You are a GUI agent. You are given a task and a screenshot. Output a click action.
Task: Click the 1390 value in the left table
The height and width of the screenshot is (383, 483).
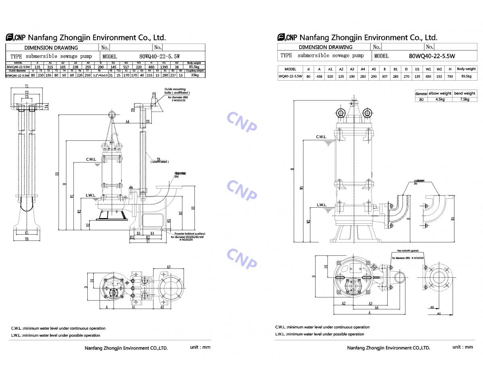(x=164, y=67)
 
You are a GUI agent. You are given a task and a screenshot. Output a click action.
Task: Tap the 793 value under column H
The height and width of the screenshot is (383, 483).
(x=450, y=76)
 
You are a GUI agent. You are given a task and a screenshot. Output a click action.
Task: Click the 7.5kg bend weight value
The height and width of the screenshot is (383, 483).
(x=464, y=99)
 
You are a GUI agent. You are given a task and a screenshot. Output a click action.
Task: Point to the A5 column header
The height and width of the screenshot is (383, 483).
(x=374, y=69)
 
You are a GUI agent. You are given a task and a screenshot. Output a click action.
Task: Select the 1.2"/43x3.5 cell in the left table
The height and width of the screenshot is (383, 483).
(x=100, y=75)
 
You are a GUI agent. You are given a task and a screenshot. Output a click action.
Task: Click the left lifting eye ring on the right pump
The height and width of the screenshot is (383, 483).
(x=340, y=114)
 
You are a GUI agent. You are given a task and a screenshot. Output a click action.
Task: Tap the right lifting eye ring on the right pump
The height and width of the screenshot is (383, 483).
(x=367, y=114)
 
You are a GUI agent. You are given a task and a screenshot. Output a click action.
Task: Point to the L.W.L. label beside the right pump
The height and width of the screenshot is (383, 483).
(x=321, y=205)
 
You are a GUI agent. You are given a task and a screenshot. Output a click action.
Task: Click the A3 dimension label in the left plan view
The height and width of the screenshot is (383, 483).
(x=169, y=267)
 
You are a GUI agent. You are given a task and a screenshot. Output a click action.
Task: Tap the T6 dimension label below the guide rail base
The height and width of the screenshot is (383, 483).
(x=27, y=239)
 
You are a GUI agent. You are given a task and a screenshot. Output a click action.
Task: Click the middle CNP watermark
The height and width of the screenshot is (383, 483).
(x=242, y=189)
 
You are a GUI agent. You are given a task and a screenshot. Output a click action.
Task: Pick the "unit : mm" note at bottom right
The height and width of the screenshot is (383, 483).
(x=462, y=347)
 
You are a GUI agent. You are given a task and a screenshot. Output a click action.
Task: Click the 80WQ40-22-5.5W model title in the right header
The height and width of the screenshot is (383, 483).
(x=431, y=56)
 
